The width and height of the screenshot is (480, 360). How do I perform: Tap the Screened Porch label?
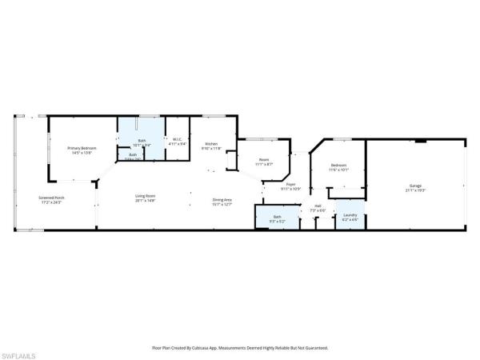[51, 198]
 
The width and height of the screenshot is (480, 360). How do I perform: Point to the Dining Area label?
[222, 199]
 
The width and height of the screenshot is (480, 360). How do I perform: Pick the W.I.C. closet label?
[178, 140]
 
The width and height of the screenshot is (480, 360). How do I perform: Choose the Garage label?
[415, 185]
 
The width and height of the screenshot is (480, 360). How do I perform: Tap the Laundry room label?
[350, 214]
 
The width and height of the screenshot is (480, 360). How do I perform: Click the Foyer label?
[291, 185]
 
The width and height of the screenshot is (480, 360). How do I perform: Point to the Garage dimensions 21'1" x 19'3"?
[415, 190]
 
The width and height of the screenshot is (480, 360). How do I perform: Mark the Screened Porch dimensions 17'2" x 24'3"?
[51, 202]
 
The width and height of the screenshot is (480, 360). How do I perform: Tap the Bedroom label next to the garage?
[338, 165]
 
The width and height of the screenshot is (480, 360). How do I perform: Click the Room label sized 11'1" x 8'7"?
[264, 159]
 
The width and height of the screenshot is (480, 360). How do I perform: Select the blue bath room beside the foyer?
[277, 218]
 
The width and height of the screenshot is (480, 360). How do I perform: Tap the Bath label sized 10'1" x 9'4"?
[142, 140]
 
